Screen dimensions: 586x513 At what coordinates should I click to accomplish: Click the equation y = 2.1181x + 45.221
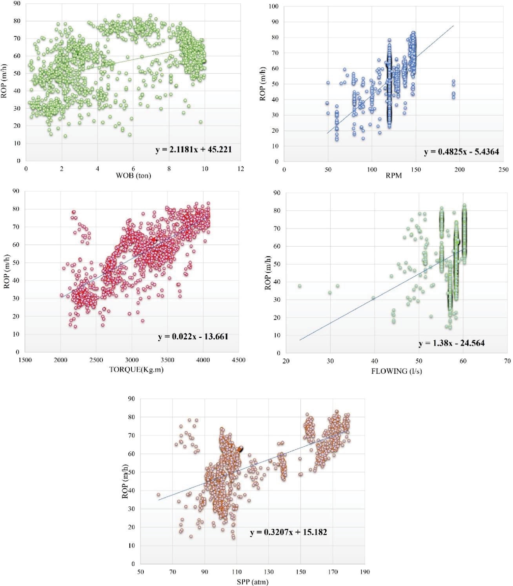point(193,149)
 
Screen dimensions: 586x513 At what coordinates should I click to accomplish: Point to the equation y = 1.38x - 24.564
point(451,343)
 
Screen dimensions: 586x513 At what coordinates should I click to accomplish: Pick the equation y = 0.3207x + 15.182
point(288,532)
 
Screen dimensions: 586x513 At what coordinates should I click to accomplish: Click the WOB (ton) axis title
point(133,175)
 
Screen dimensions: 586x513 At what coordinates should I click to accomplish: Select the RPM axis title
point(394,176)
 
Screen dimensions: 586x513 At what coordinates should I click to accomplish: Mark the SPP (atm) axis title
point(252,582)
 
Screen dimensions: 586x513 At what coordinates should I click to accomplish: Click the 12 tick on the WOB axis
point(241,169)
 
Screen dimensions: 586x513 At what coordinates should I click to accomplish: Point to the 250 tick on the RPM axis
point(504,169)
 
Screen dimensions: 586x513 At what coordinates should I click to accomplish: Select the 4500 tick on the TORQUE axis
point(239,360)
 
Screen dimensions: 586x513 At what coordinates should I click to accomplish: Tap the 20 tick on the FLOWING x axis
point(286,361)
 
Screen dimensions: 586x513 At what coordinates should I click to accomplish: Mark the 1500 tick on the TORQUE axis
point(25,360)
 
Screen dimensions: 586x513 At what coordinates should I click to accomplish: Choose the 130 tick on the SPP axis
point(269,572)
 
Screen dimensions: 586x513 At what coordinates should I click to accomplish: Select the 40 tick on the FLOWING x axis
point(375,361)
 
